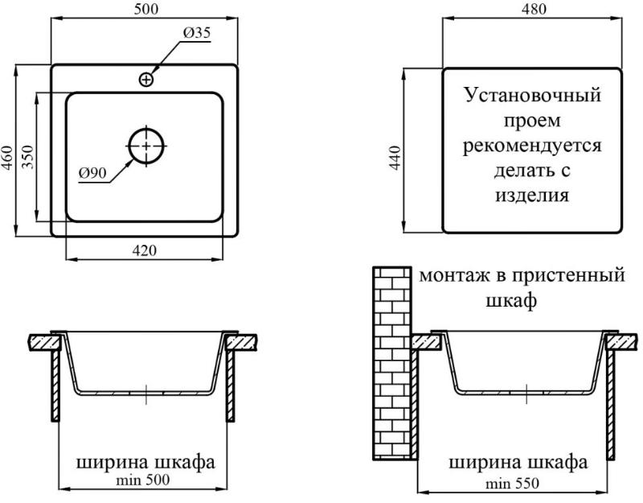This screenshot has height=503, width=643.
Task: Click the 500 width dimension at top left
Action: tap(145, 9)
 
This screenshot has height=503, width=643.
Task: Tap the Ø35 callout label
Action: tap(196, 32)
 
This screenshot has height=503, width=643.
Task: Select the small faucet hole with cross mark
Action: tap(146, 79)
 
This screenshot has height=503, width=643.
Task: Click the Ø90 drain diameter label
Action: tap(92, 173)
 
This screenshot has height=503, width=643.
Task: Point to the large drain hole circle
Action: tap(146, 146)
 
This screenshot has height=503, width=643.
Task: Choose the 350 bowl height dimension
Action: tap(27, 157)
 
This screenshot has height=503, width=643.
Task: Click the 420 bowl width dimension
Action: tap(145, 250)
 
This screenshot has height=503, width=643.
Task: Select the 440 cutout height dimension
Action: tap(395, 158)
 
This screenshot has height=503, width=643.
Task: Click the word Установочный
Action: tap(532, 95)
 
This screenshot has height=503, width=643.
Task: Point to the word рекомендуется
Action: tap(532, 146)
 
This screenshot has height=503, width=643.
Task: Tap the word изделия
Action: tap(532, 196)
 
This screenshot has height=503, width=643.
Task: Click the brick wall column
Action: tap(392, 364)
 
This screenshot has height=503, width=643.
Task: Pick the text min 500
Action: tap(143, 480)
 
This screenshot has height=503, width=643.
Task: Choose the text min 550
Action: tap(512, 484)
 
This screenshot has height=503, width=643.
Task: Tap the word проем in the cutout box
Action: tap(532, 121)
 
